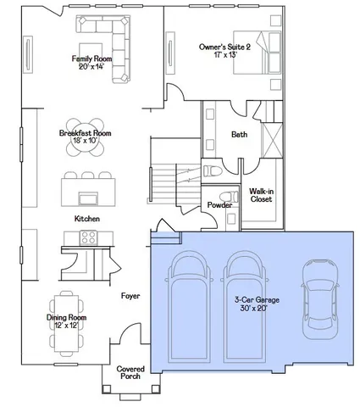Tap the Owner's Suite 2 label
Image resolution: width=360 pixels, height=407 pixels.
(x=224, y=47)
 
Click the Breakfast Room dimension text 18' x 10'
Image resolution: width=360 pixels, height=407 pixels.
(x=85, y=142)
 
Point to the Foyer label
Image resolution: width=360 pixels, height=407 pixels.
(x=129, y=296)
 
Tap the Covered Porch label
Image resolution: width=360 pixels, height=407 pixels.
(x=130, y=372)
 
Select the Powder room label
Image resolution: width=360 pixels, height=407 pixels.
(x=219, y=203)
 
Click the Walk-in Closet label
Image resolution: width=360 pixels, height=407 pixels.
(x=260, y=197)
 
